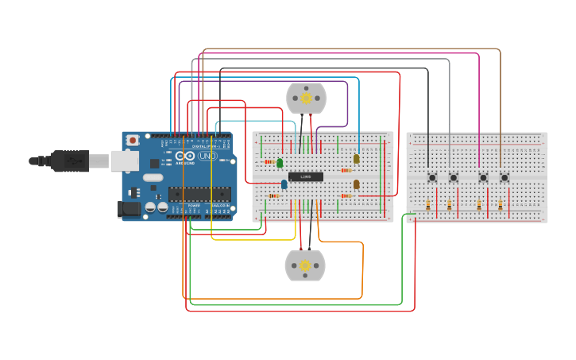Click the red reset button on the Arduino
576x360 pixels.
(x=133, y=140)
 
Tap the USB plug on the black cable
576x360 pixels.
(x=72, y=161)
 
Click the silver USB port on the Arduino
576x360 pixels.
(x=124, y=161)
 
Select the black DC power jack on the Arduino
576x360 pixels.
(x=129, y=209)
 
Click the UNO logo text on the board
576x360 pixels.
(x=207, y=157)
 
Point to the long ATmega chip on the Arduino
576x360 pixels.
(x=199, y=193)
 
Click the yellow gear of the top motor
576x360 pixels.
(x=306, y=99)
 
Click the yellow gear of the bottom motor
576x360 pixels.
(x=305, y=265)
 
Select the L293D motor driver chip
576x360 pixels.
(x=305, y=176)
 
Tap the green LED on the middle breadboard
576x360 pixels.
(x=279, y=163)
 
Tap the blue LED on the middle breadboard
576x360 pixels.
(x=284, y=184)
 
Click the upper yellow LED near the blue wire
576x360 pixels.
(x=356, y=158)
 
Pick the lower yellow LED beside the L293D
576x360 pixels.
(x=356, y=184)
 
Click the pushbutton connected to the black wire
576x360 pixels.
(x=432, y=177)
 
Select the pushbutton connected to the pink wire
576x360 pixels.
(x=483, y=177)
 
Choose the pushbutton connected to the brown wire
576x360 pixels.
(x=504, y=177)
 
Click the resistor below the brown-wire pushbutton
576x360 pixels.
(x=500, y=205)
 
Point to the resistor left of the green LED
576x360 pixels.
(x=269, y=162)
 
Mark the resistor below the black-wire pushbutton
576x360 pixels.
(x=428, y=205)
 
